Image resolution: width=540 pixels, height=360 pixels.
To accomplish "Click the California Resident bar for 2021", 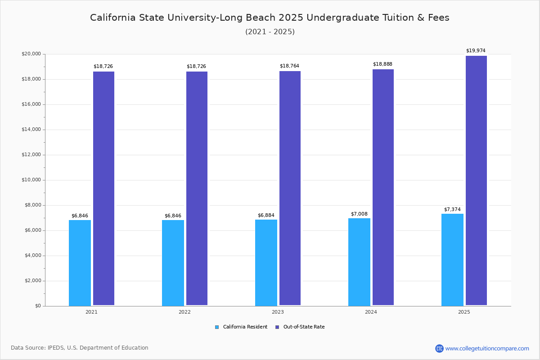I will (x=80, y=263).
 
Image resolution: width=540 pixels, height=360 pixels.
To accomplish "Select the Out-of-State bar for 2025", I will (x=476, y=180).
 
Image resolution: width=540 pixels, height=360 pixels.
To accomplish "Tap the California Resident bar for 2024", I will (x=359, y=262).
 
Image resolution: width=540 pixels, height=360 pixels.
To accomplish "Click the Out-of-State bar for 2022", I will (x=197, y=189).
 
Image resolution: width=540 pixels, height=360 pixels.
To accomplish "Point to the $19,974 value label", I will (x=476, y=51).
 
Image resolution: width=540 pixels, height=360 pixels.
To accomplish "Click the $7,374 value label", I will (x=452, y=210).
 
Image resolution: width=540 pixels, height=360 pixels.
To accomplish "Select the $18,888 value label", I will (x=382, y=64).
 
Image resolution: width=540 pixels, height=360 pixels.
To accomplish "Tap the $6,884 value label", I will (x=266, y=216).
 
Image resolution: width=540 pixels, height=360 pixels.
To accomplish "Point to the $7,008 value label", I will (x=359, y=214).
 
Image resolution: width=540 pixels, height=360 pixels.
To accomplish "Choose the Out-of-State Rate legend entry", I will (x=300, y=327).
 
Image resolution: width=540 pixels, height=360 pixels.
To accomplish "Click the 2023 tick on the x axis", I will (x=278, y=312).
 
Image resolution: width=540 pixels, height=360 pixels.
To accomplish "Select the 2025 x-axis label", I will (x=464, y=312).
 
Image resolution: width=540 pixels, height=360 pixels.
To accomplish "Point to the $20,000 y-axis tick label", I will (x=31, y=54).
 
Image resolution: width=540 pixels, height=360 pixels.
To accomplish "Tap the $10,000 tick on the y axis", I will (x=31, y=180).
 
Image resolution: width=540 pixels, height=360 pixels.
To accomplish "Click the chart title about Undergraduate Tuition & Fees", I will (x=270, y=18).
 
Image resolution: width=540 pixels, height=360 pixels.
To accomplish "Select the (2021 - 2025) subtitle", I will (x=270, y=32).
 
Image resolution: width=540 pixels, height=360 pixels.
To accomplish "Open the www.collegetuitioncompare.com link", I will (x=487, y=348).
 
